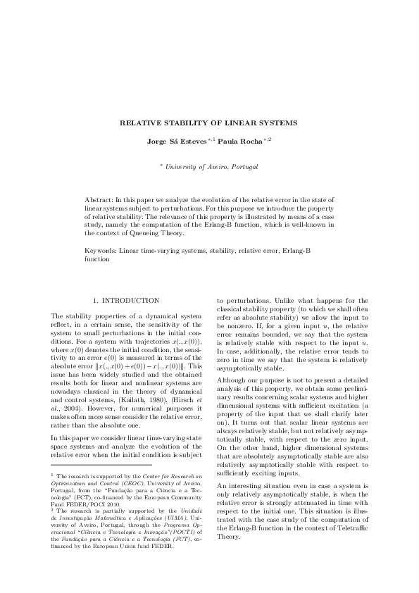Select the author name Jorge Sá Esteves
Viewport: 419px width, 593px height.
pos(176,141)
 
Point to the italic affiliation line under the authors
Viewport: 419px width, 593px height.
pos(211,167)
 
